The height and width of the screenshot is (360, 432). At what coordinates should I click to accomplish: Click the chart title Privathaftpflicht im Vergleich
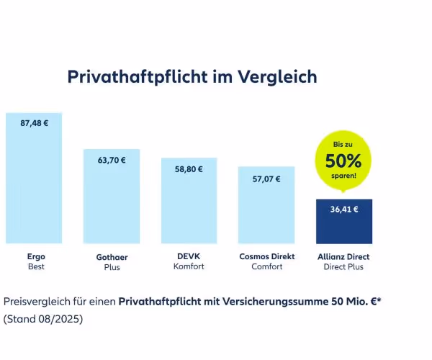pos(192,77)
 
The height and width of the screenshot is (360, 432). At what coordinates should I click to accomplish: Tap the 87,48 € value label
pos(34,123)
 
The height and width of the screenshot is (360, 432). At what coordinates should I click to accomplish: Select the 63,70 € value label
pos(112,160)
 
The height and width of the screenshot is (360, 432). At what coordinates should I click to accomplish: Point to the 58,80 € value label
pos(189,169)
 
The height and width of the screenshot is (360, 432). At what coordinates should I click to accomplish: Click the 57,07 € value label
pos(266,179)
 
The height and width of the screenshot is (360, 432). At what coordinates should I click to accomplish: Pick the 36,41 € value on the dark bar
pos(344,210)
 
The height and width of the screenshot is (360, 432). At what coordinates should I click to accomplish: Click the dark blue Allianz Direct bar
pos(344,227)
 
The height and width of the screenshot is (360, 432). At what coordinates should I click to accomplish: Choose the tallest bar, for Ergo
pos(34,187)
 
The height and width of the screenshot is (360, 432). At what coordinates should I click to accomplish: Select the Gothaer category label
pos(112,256)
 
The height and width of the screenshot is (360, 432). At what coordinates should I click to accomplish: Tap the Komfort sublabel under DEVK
pos(189,266)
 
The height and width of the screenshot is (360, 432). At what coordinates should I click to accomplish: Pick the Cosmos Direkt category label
pos(266,256)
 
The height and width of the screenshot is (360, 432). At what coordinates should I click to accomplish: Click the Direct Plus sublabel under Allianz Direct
pos(344,266)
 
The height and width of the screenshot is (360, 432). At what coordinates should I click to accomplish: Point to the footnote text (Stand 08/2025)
pos(43,318)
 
